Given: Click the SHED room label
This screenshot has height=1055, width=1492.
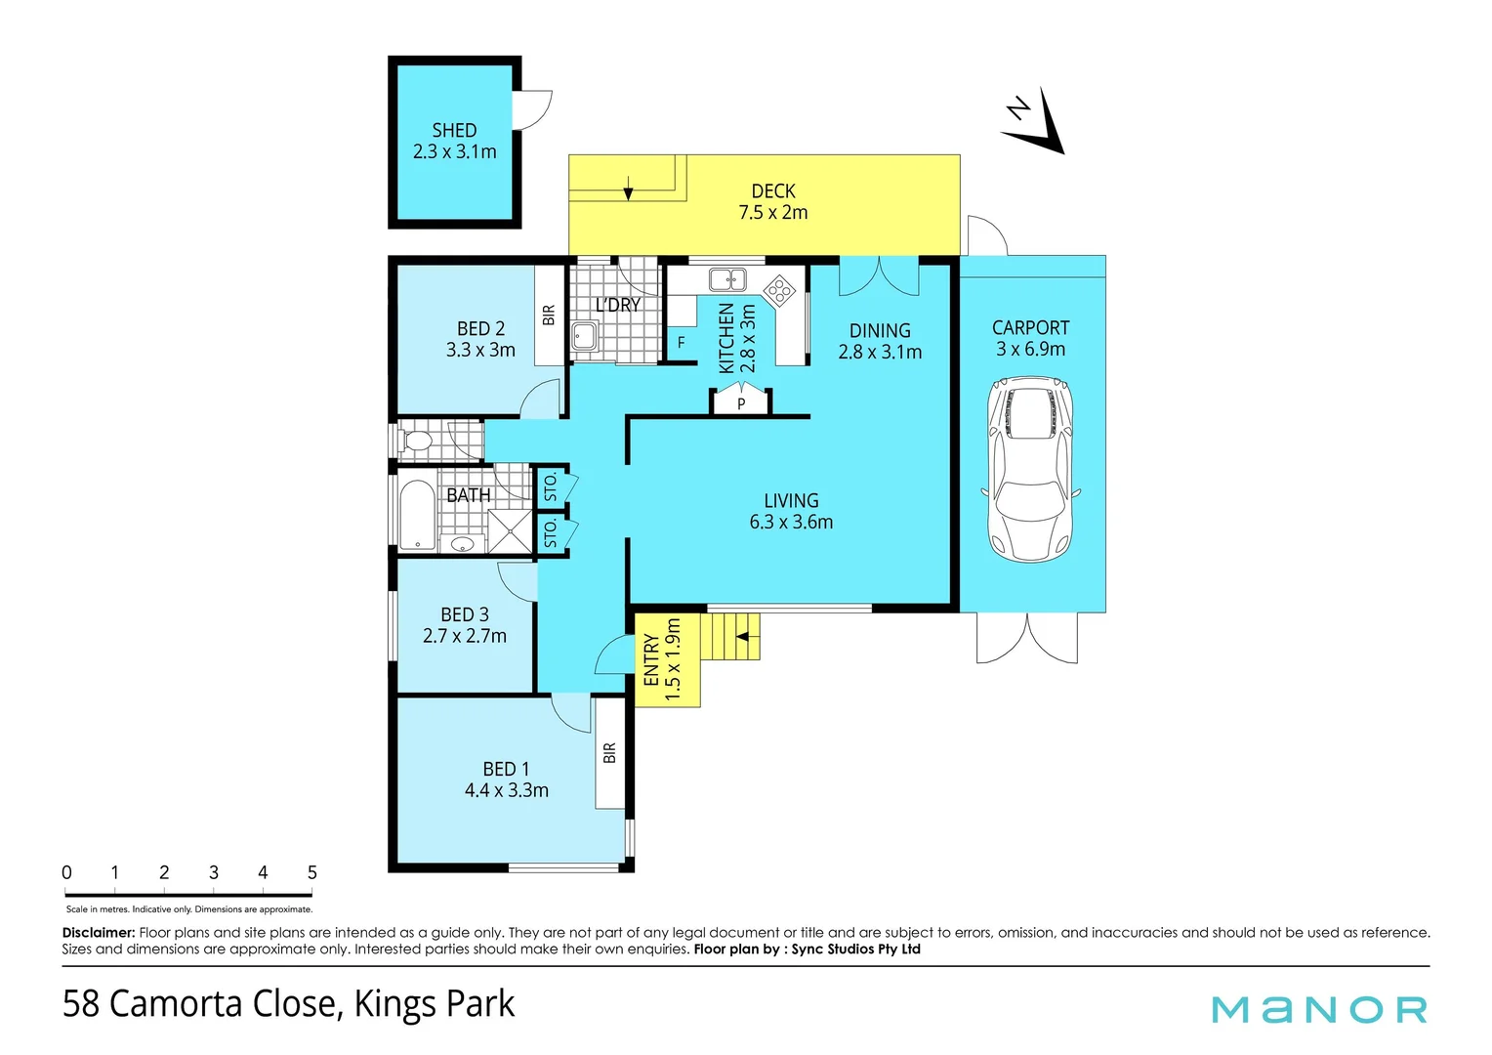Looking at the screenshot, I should click(x=454, y=141).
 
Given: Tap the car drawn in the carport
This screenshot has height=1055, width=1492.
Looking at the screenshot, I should click(x=1030, y=472).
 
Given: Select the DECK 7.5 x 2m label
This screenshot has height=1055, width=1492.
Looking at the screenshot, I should click(x=772, y=201).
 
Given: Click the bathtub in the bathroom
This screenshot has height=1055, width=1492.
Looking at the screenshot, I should click(x=417, y=514).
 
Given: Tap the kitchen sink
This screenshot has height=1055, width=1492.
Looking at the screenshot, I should click(x=726, y=280).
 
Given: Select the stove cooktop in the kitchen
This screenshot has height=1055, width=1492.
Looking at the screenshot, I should click(x=779, y=290).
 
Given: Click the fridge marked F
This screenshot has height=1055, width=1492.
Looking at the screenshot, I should click(x=682, y=343).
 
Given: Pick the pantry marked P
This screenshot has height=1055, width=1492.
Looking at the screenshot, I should click(x=741, y=402).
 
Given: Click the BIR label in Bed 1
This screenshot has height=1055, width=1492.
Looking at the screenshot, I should click(x=610, y=752).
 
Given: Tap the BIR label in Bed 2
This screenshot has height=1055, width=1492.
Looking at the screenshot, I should click(x=549, y=315).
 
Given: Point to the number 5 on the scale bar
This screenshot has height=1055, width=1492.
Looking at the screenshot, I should click(x=312, y=872).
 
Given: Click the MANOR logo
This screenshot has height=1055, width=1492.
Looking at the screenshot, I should click(x=1319, y=1009).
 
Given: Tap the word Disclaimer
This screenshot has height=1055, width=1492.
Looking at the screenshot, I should click(x=98, y=933).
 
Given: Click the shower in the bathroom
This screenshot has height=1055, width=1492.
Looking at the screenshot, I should click(x=510, y=531).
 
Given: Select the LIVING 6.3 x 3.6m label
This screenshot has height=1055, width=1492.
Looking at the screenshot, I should click(x=791, y=511).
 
